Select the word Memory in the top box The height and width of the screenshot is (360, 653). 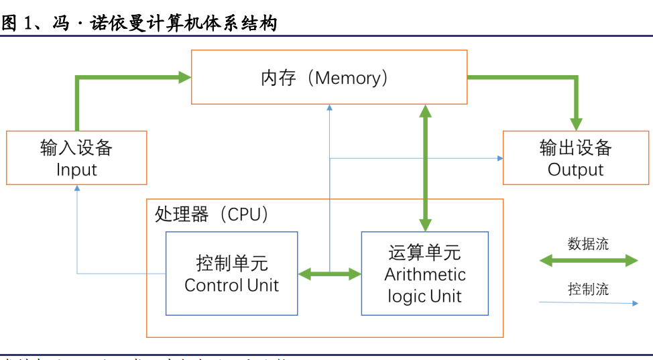click(347, 78)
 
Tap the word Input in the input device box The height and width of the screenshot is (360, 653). click(76, 170)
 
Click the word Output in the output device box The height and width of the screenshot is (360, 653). click(575, 170)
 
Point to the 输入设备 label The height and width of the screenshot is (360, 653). click(76, 147)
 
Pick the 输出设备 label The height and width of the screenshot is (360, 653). click(575, 147)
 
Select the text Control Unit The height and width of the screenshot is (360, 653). click(231, 285)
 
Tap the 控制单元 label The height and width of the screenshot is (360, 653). click(231, 263)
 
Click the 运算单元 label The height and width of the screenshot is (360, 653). click(424, 253)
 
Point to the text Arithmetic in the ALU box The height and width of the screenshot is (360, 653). click(424, 274)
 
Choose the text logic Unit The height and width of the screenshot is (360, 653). click(424, 296)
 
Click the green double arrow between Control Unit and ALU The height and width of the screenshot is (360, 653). click(329, 274)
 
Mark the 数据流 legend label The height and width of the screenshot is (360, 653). click(588, 244)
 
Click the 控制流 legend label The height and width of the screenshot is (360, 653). click(588, 290)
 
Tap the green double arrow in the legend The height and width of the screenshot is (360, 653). click(588, 260)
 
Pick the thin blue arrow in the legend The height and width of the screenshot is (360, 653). click(588, 303)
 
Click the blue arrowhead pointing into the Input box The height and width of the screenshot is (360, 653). click(77, 190)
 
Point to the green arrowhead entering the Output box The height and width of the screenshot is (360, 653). click(575, 124)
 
